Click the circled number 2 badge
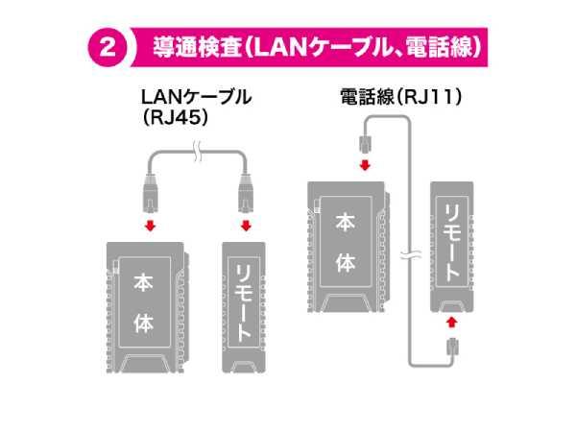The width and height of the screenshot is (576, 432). click(107, 47)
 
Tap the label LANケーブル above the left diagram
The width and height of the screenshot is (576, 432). click(196, 97)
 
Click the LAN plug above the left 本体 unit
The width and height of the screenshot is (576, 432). click(149, 195)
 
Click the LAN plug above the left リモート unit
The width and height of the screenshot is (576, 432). click(244, 195)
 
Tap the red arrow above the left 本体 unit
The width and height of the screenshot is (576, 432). click(149, 227)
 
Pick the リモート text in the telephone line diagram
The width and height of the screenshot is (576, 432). click(449, 244)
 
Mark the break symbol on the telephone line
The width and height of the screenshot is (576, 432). click(411, 257)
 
